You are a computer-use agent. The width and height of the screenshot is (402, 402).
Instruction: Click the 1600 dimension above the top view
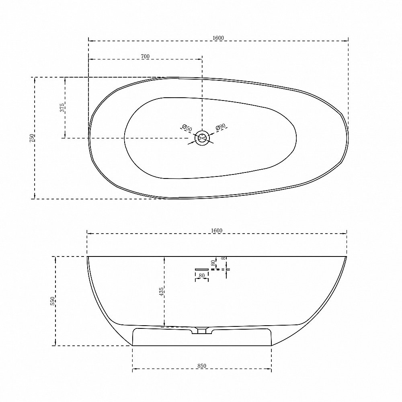218,38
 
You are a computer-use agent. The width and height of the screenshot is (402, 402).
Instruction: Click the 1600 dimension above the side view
217,230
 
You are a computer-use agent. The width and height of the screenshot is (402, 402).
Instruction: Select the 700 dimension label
145,56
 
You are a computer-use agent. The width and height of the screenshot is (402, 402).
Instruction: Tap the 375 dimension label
62,108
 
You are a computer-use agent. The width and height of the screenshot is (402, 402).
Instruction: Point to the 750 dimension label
32,138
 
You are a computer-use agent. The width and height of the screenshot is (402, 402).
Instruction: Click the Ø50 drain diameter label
187,128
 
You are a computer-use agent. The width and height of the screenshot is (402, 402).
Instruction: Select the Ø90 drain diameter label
220,127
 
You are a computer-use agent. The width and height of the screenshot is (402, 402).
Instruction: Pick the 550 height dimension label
52,301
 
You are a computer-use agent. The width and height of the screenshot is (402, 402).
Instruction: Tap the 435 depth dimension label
161,292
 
